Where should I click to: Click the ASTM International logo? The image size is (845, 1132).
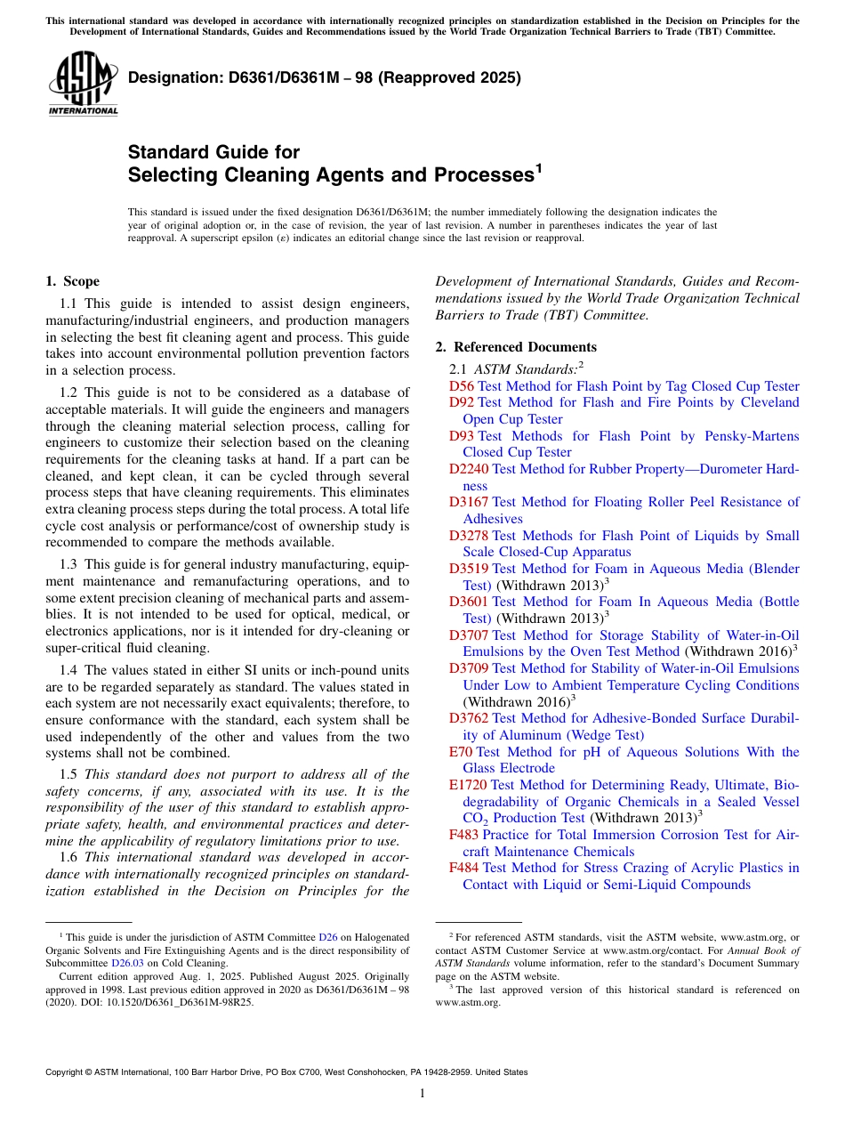pos(83,85)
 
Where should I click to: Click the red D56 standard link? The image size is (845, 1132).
pos(461,386)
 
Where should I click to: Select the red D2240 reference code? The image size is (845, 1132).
pos(469,469)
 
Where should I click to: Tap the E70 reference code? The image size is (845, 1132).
pos(461,752)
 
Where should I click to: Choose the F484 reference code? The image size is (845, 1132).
pos(463,868)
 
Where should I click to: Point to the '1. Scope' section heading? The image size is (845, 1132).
pos(73,281)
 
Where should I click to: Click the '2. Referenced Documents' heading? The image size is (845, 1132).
pos(516,347)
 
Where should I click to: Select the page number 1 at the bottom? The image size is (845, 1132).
pos(422,1093)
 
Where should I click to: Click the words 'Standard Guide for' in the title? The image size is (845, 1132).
pos(213,152)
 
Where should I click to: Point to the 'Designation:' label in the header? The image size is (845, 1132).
pos(171,78)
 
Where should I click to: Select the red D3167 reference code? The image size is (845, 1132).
pos(469,502)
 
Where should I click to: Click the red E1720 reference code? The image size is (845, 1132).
pos(468,785)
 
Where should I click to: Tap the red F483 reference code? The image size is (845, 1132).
pos(463,835)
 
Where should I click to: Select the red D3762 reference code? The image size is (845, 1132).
pos(469,718)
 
